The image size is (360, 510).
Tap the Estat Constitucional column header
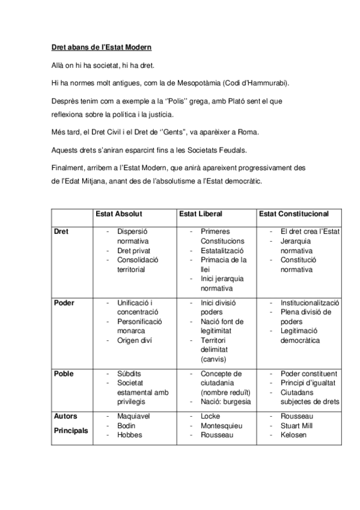293,214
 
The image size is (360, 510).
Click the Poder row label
64,303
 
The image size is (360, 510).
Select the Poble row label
64,373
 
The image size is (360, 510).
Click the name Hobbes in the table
130,435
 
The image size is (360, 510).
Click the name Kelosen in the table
294,435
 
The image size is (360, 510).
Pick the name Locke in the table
211,416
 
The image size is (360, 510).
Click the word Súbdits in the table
130,373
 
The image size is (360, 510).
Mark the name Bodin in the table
127,425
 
